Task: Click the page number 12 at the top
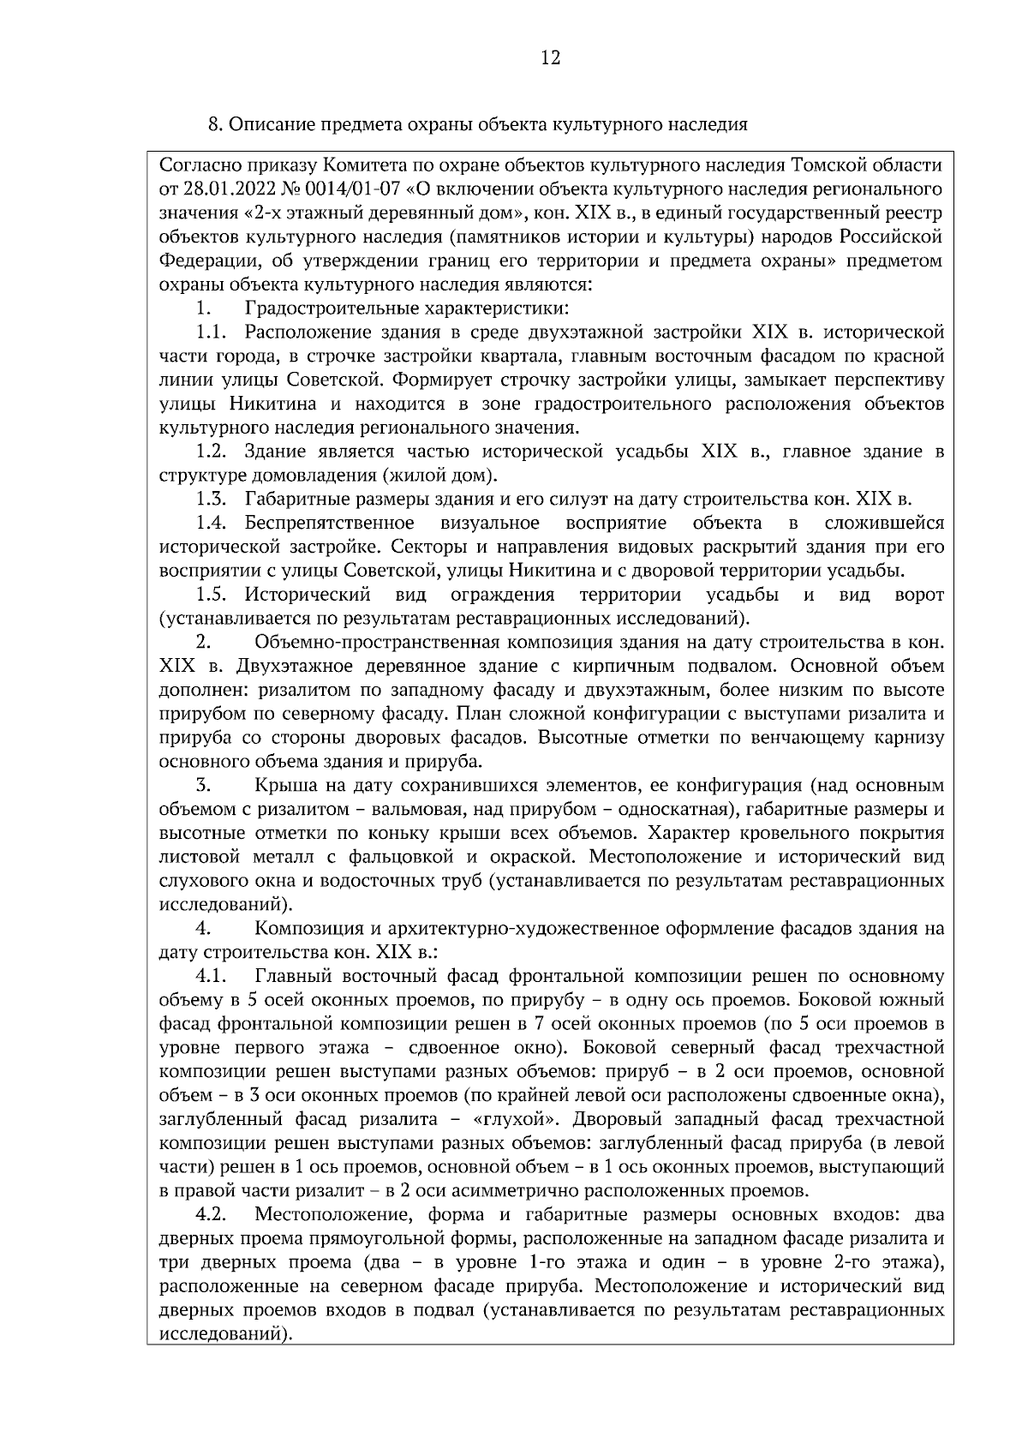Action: click(551, 58)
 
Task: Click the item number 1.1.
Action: click(211, 332)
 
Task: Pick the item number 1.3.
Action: click(211, 499)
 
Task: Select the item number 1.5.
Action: click(211, 595)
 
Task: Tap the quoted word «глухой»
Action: click(517, 1119)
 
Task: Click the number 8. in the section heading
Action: click(215, 124)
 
